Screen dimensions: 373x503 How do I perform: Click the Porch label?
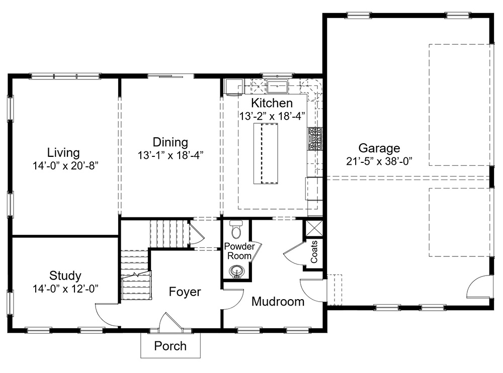170,346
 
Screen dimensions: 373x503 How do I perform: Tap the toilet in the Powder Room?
235,230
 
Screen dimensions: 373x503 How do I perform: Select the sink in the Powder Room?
236,271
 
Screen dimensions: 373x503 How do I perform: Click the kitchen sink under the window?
277,87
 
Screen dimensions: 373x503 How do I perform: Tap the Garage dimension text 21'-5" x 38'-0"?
380,161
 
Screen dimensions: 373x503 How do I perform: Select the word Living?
63,152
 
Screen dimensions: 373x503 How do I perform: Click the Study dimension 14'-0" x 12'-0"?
65,288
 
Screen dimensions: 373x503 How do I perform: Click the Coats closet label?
314,252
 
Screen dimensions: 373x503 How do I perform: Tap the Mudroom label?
278,302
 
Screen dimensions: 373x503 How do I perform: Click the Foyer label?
185,292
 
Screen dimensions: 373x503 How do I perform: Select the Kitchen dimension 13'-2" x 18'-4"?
272,116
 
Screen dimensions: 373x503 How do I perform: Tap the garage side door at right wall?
479,288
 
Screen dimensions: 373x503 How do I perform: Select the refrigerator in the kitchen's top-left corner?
233,87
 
